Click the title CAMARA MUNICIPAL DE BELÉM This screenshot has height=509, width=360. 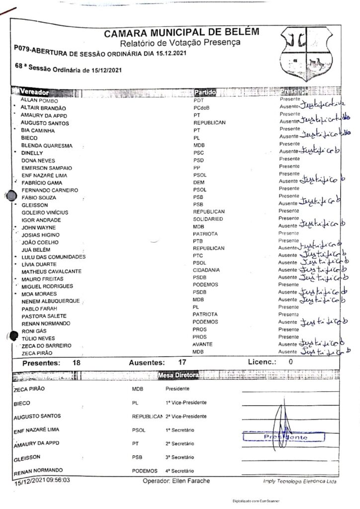click(x=181, y=33)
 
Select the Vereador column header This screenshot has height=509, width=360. click(x=34, y=92)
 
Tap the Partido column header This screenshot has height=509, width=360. click(x=204, y=92)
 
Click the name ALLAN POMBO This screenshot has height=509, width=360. click(x=39, y=100)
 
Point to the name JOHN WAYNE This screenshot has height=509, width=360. click(x=39, y=227)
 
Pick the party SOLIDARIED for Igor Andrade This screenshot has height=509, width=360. click(x=208, y=219)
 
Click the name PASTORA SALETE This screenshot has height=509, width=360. click(x=44, y=316)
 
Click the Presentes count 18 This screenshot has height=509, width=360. click(x=77, y=363)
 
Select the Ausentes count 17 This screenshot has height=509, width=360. click(x=182, y=363)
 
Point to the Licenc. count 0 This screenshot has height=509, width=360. click(x=291, y=362)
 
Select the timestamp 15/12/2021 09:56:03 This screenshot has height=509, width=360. click(x=42, y=480)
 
